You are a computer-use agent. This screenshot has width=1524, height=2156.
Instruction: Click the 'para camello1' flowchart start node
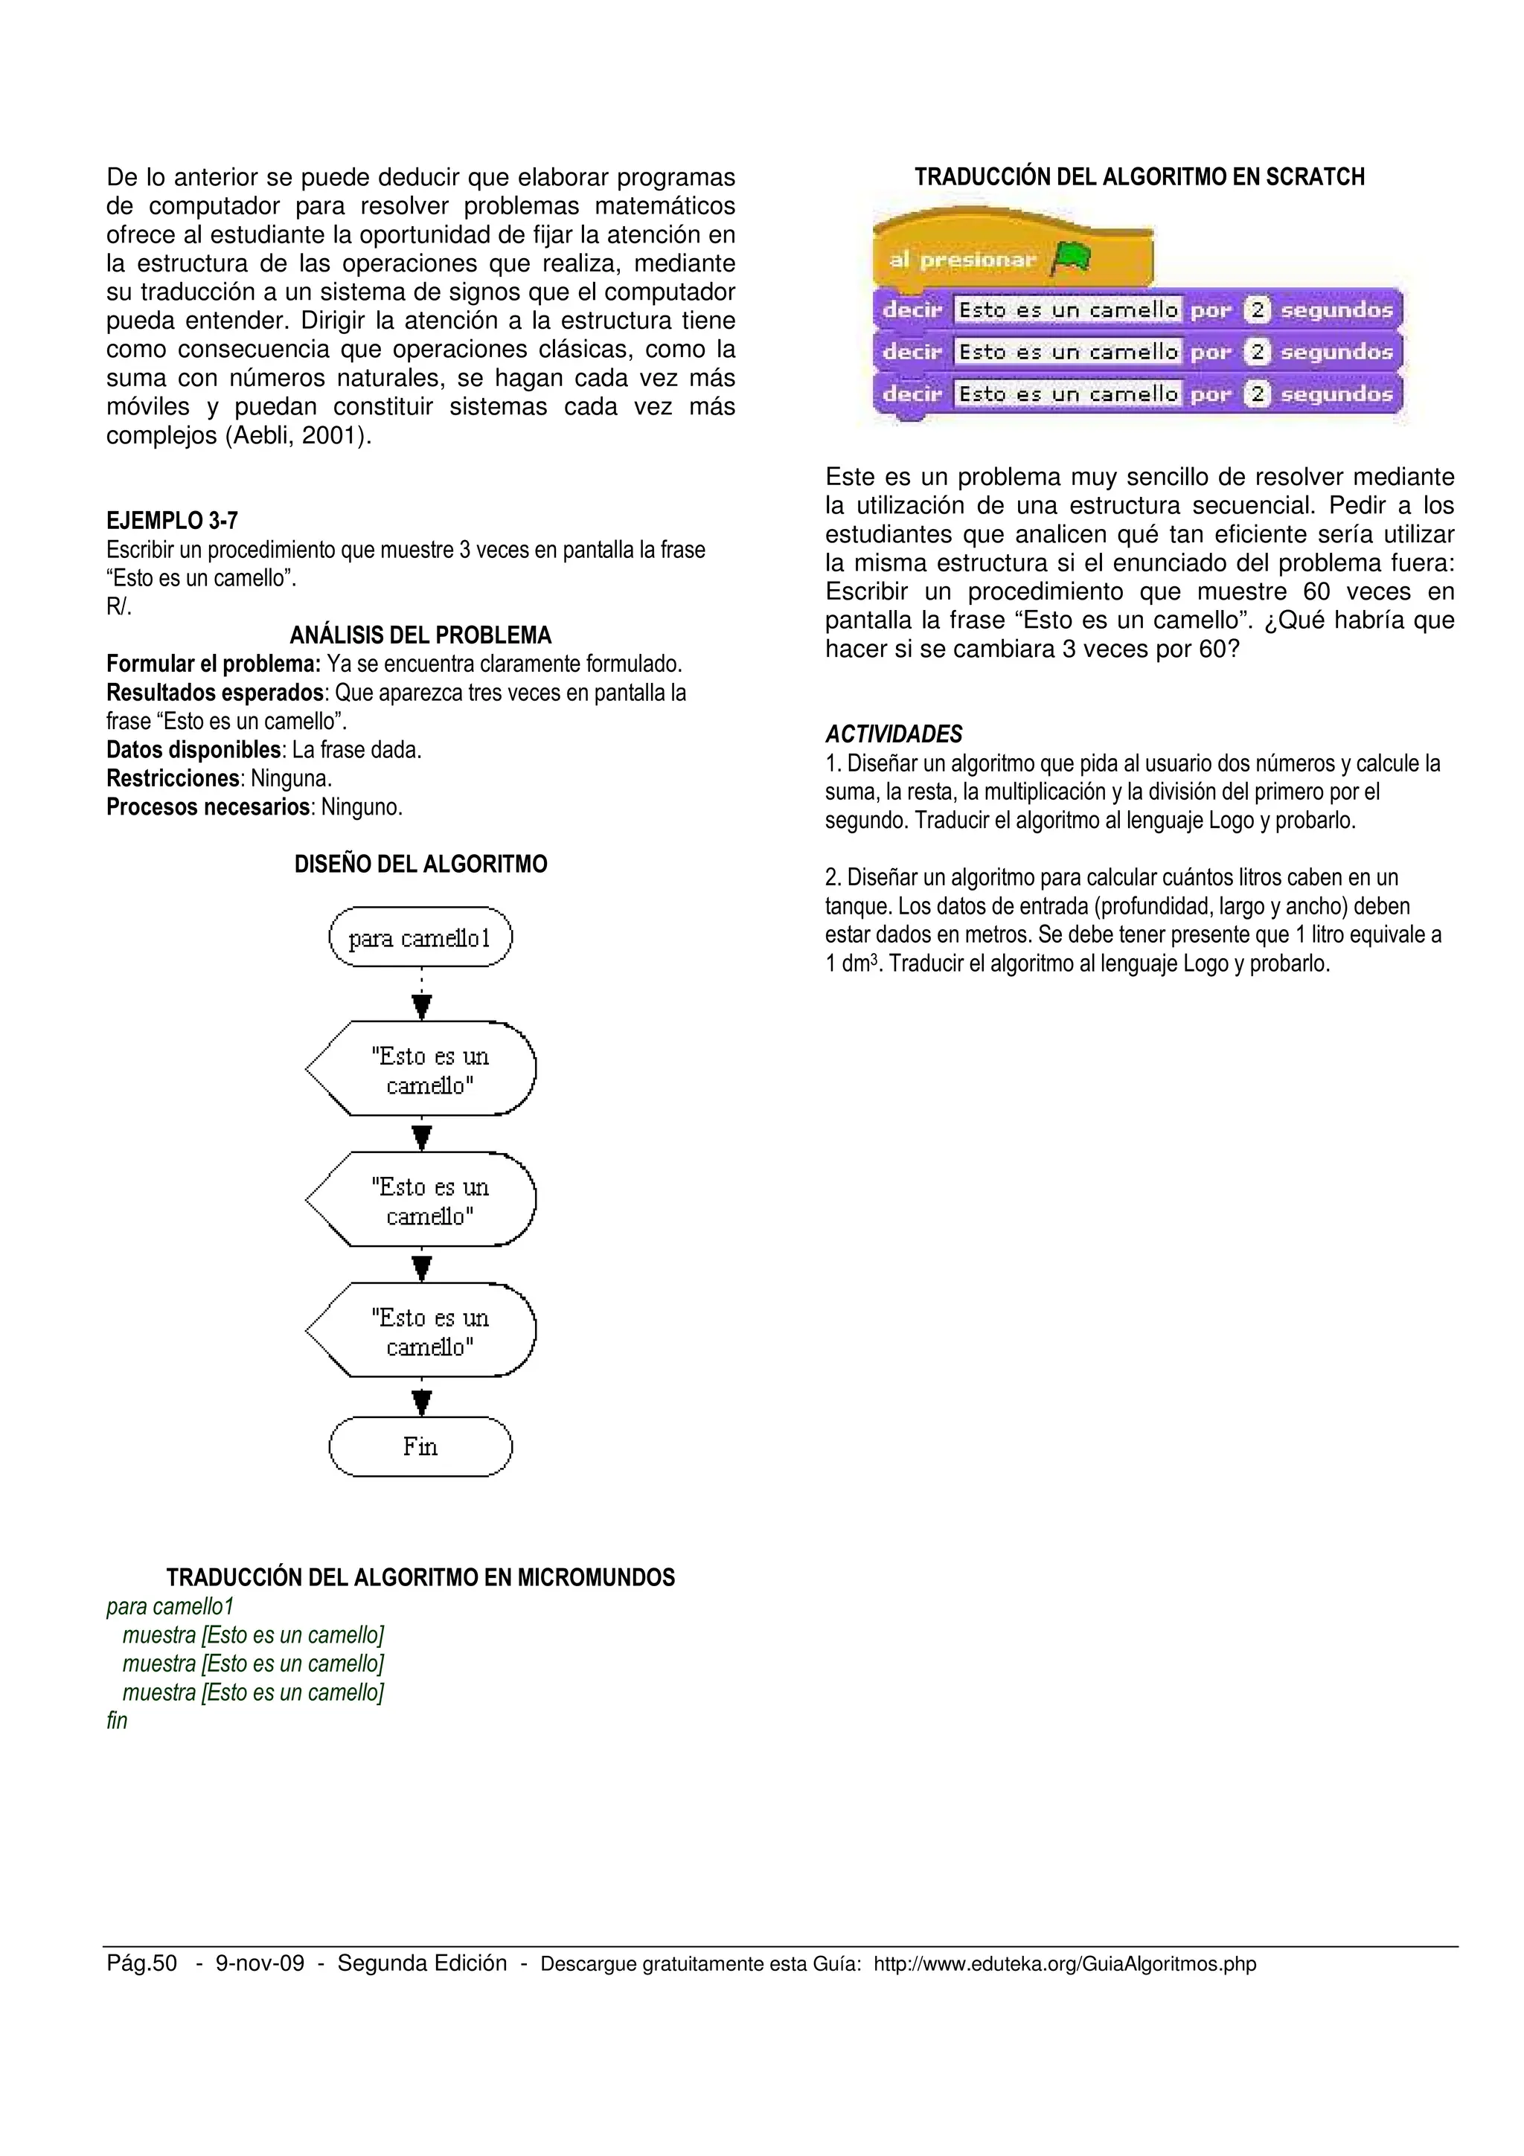[x=420, y=937]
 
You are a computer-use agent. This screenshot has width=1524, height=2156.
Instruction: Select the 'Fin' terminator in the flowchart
[x=420, y=1446]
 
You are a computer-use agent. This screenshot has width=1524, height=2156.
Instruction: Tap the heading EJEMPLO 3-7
[x=172, y=520]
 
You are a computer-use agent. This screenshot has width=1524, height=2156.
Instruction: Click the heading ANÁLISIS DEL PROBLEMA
[x=420, y=636]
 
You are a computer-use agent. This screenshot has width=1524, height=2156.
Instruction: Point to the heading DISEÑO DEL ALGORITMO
[x=420, y=864]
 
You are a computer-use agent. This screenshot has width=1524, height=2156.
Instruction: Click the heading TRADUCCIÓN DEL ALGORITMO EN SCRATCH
[x=1139, y=176]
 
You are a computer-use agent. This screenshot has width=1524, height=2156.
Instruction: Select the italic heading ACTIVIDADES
[x=893, y=734]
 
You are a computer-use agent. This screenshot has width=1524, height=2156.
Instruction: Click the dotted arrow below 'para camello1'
[x=422, y=993]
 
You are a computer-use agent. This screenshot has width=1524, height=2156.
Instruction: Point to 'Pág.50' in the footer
[x=142, y=1963]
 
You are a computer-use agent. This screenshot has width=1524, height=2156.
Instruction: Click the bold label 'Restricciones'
[x=173, y=778]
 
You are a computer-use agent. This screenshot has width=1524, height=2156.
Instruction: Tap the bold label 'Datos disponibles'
[x=193, y=750]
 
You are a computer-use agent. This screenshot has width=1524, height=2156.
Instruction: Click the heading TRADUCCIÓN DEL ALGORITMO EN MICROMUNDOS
[x=420, y=1577]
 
